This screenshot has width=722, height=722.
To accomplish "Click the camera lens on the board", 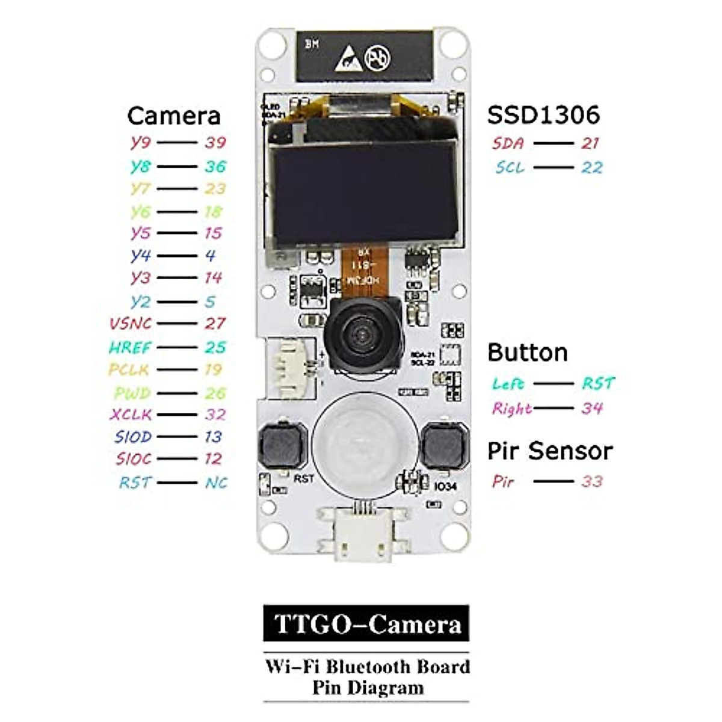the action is pos(362,334).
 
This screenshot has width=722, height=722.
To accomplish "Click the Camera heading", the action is pos(174,116).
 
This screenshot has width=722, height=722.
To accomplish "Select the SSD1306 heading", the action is pos(543,115).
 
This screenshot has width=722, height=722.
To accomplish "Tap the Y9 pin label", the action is pos(140,143).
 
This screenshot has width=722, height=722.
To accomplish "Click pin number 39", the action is pos(215,143).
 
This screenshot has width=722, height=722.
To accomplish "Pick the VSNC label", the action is pos(130,324).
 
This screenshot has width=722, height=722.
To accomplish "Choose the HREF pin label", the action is pos(130,347).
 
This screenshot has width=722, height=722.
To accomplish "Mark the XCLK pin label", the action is pos(131,415).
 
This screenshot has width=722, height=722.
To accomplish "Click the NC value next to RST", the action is pos(216,483).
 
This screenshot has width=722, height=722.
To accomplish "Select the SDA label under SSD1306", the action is pos(508,143).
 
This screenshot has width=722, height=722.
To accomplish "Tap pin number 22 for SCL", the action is pos(591,167).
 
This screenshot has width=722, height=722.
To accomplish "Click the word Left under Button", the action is pos(508,383).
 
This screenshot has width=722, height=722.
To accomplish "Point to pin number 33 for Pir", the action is pos(591,481).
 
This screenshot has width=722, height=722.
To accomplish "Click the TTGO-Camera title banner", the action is pos(366,624).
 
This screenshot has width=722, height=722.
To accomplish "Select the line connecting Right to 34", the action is pos(554,409).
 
